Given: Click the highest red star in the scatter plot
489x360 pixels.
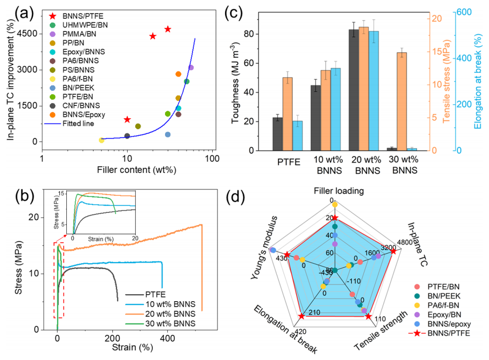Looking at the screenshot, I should (168, 29).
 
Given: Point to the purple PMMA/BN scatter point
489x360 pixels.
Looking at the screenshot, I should (191, 67).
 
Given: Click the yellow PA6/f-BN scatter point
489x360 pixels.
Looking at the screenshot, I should (102, 140).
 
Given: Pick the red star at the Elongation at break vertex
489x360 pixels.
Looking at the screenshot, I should (301, 317).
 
